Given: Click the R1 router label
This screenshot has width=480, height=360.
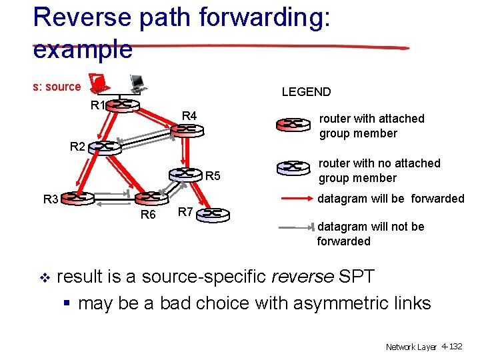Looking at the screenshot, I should [98, 105].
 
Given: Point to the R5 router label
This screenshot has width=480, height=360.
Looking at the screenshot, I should [213, 177].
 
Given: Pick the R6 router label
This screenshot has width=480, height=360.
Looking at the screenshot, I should [147, 215].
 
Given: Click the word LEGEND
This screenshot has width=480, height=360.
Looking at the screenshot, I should [306, 92].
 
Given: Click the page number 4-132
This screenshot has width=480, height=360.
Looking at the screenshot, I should [451, 347].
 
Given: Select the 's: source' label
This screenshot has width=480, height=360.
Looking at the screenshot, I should [57, 87].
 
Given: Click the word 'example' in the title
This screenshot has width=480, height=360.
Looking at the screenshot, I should [83, 49].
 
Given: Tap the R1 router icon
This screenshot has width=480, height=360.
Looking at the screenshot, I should [124, 105].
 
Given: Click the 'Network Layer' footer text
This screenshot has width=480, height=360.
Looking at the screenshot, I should [411, 347].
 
